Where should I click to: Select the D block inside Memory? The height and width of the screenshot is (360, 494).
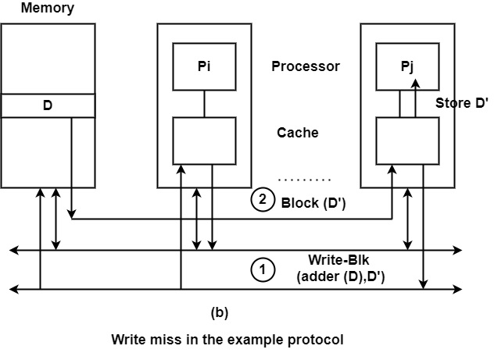tap(48, 105)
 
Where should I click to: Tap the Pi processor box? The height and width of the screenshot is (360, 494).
tap(204, 66)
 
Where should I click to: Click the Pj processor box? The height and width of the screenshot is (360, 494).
tap(407, 66)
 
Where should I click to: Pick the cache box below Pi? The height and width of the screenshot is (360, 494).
tap(204, 141)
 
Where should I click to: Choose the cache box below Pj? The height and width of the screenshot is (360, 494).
tap(407, 141)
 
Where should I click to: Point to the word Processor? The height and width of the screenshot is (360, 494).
tap(306, 66)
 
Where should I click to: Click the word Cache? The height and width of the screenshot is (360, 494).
tap(298, 133)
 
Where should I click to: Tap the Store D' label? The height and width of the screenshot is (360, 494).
tap(461, 102)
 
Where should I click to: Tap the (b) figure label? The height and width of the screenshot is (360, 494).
tap(220, 312)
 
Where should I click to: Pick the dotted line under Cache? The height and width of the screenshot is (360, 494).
tap(305, 179)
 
